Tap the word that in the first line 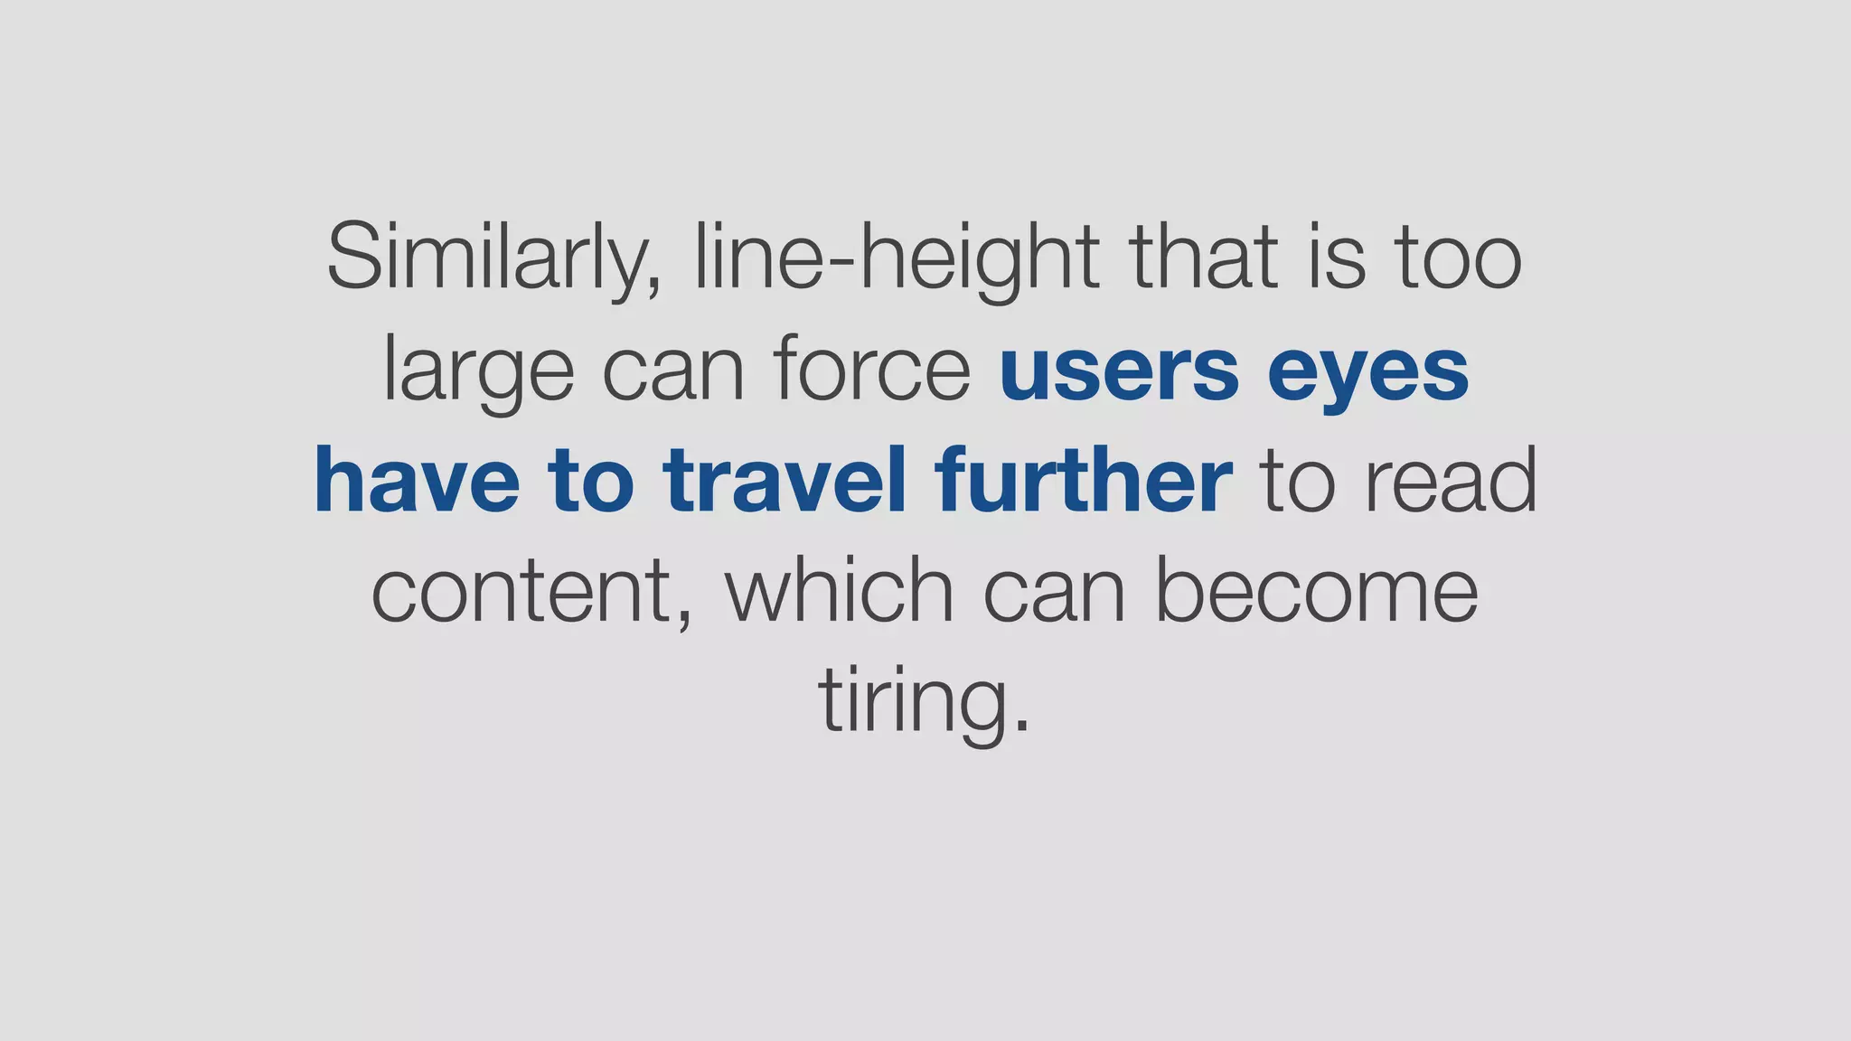pos(1204,258)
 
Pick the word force pos(871,370)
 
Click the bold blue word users pos(1119,370)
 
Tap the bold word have pos(417,481)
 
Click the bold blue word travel pos(784,481)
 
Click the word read pos(1450,481)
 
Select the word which pos(839,591)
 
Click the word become pos(1317,591)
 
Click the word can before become pos(1054,593)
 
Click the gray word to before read pos(1297,483)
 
